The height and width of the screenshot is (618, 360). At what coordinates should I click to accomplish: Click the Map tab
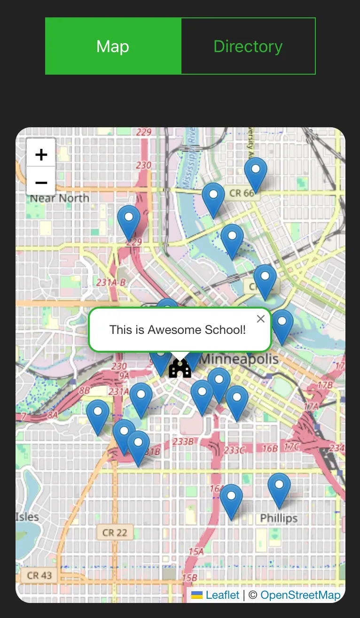[113, 46]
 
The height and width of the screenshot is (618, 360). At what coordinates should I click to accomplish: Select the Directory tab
[248, 46]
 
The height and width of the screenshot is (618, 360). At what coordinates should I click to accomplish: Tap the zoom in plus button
[41, 154]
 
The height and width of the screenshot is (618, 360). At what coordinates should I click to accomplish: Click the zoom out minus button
[41, 182]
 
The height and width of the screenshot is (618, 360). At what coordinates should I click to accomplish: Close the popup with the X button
[261, 319]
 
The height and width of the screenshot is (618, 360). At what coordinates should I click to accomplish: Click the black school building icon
[180, 369]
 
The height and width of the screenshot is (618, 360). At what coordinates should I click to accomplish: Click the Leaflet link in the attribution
[222, 595]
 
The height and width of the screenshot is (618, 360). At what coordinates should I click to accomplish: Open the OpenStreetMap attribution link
[300, 595]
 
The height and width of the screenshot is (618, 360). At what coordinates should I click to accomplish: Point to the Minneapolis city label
[240, 359]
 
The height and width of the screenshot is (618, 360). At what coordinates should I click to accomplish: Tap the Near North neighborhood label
[60, 198]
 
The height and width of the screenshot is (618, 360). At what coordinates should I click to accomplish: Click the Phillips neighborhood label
[279, 518]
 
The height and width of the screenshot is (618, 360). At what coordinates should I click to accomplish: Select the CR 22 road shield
[115, 533]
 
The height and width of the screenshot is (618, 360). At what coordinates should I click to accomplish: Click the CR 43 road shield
[39, 575]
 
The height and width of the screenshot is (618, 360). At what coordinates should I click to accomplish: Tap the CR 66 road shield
[242, 193]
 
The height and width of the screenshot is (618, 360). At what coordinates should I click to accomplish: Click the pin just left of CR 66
[213, 197]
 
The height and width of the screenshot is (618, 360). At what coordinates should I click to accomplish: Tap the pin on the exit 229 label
[129, 220]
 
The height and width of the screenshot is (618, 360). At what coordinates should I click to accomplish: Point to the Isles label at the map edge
[27, 517]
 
